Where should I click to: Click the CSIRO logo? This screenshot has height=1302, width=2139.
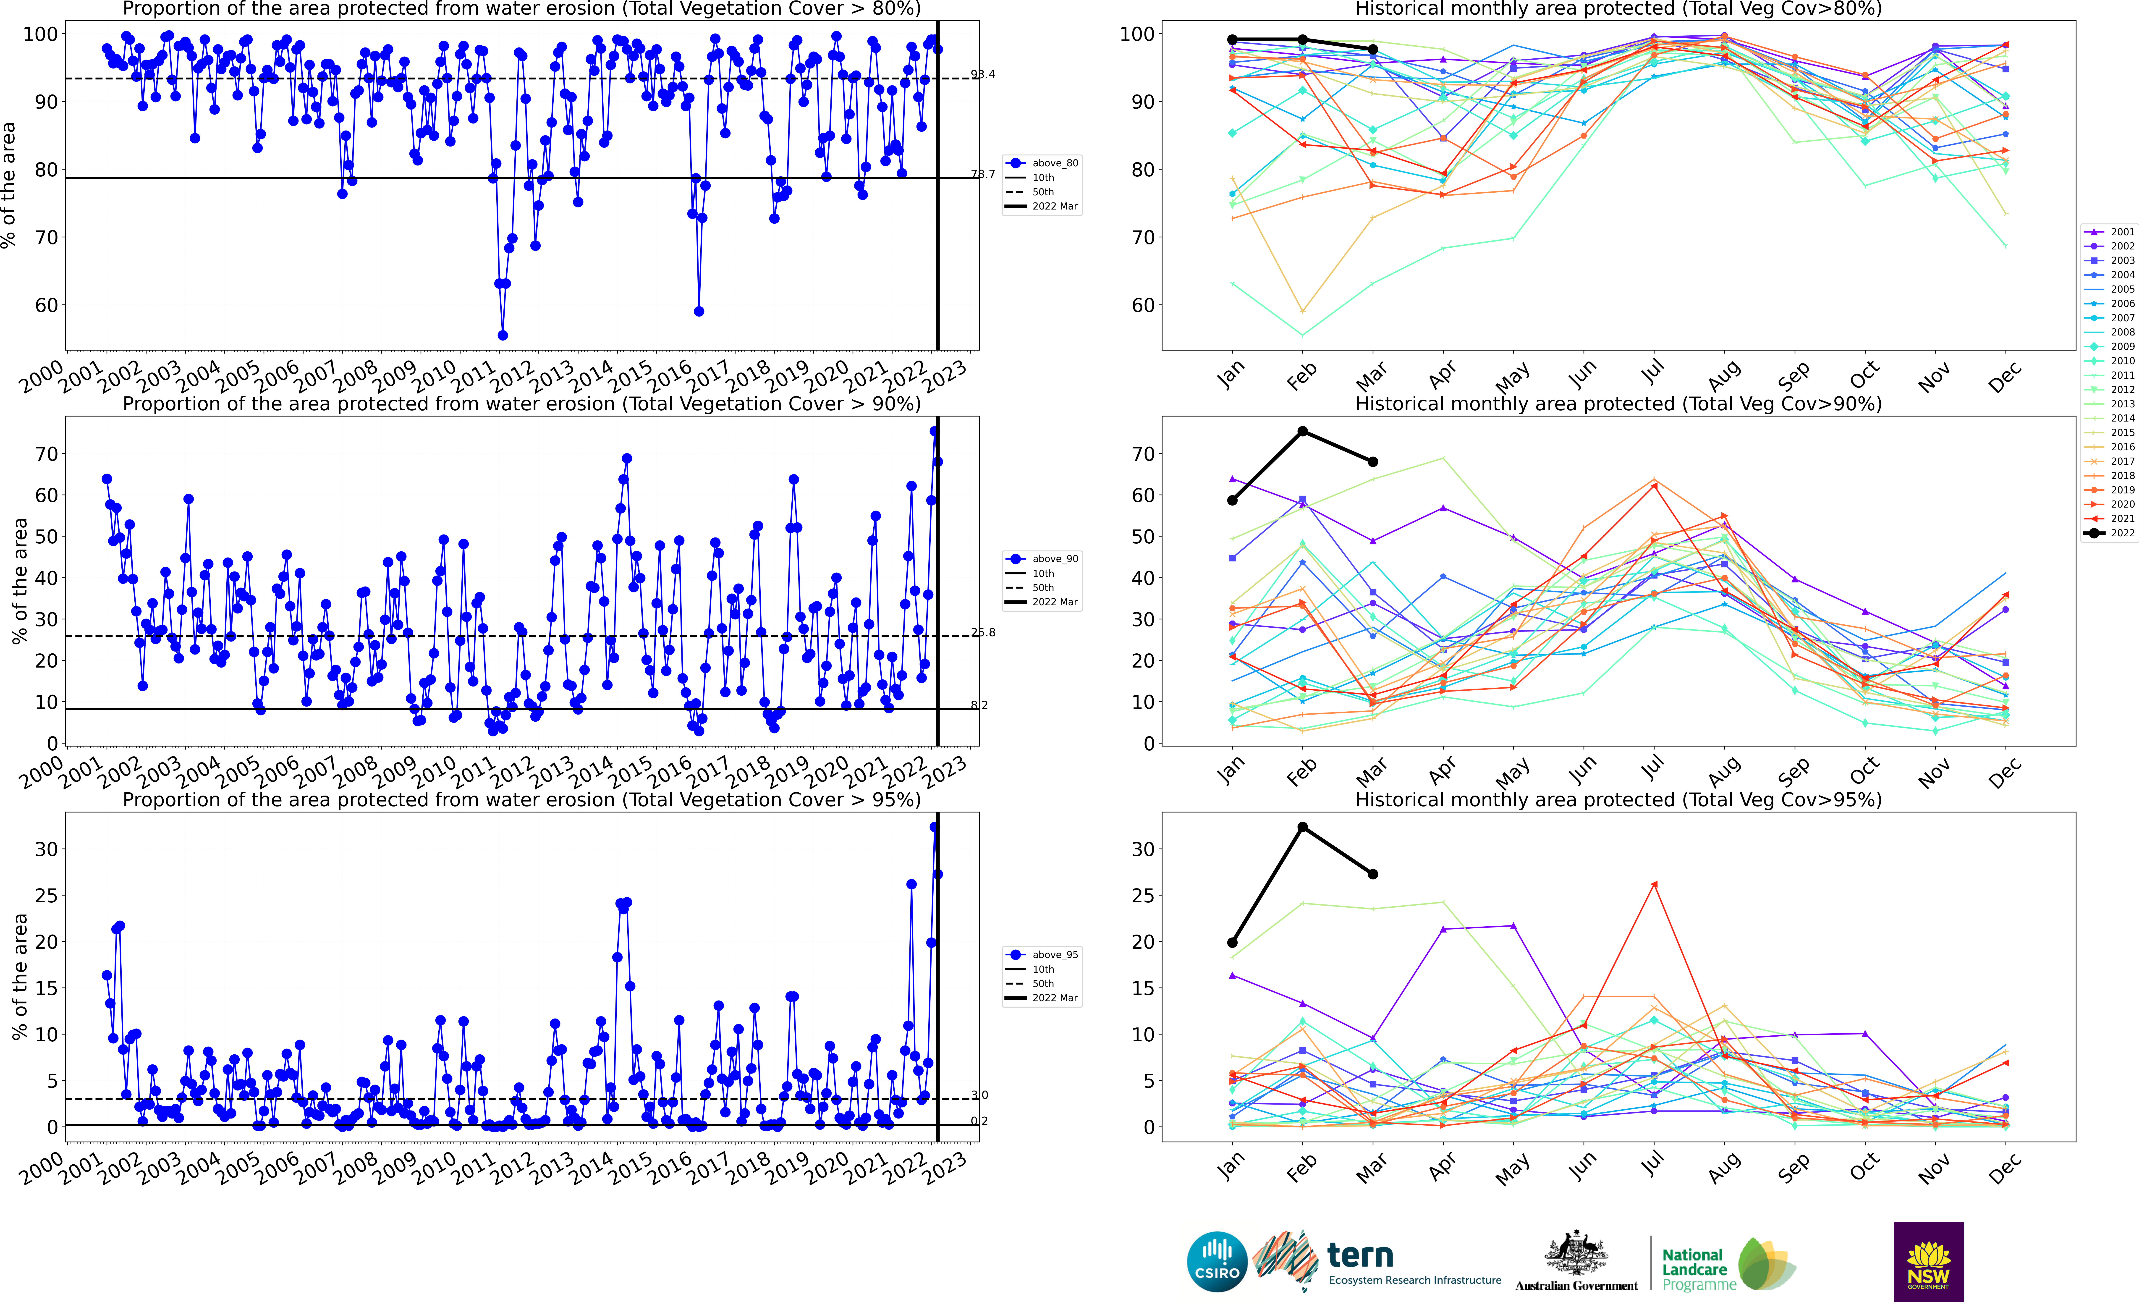click(x=1217, y=1261)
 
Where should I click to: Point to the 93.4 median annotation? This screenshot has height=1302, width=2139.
click(x=983, y=75)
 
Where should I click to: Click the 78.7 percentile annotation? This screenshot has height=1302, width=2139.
click(x=983, y=174)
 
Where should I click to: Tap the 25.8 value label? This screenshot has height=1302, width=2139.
click(x=983, y=633)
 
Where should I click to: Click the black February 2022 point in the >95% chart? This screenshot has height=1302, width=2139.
click(x=1302, y=827)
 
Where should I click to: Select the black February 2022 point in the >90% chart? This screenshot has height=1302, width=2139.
click(x=1302, y=431)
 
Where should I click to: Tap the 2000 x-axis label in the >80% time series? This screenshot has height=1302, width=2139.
click(x=42, y=377)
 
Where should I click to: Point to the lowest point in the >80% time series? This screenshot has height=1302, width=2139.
click(x=503, y=335)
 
